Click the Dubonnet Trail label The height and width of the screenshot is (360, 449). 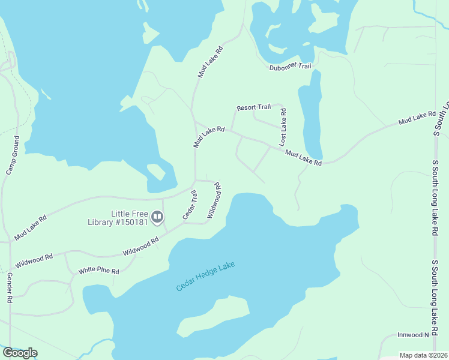point(289,66)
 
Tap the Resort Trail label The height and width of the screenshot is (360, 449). point(253,108)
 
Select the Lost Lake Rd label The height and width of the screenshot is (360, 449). point(283,127)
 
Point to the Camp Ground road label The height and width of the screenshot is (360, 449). point(13,155)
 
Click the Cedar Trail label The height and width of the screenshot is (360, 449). point(189,205)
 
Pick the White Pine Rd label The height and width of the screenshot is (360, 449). point(98,271)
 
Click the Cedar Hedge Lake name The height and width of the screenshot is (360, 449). point(206,277)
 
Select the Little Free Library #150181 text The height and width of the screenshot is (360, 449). point(129,218)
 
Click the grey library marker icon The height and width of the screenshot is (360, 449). point(157,217)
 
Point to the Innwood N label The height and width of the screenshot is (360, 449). point(414,335)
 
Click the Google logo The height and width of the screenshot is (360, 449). point(20,353)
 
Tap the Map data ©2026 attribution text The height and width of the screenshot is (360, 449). point(423,355)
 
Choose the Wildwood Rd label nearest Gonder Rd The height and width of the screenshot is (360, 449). point(34,260)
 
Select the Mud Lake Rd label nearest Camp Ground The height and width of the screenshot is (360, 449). point(31,228)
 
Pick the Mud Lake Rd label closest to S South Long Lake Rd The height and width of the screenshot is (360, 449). point(417,118)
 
